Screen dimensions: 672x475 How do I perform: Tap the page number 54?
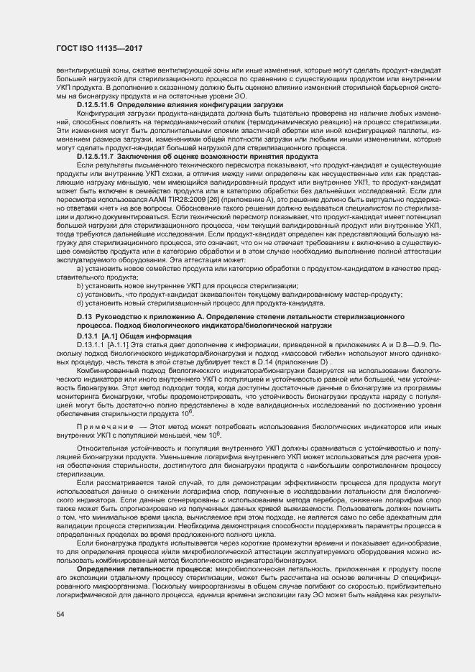pyautogui.click(x=61, y=614)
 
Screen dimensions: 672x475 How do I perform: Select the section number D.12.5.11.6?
pyautogui.click(x=96, y=106)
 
